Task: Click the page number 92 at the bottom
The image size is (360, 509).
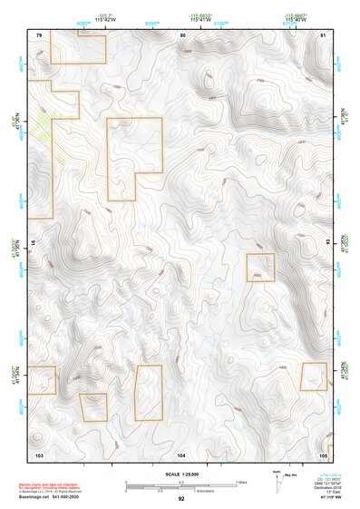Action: (181, 499)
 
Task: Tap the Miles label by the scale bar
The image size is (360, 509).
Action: (240, 482)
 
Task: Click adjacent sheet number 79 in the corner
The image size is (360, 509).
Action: (39, 34)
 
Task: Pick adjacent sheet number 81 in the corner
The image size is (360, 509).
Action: (323, 34)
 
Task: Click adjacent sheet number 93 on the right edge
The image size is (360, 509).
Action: (329, 243)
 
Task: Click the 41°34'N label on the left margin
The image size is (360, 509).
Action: (15, 374)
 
